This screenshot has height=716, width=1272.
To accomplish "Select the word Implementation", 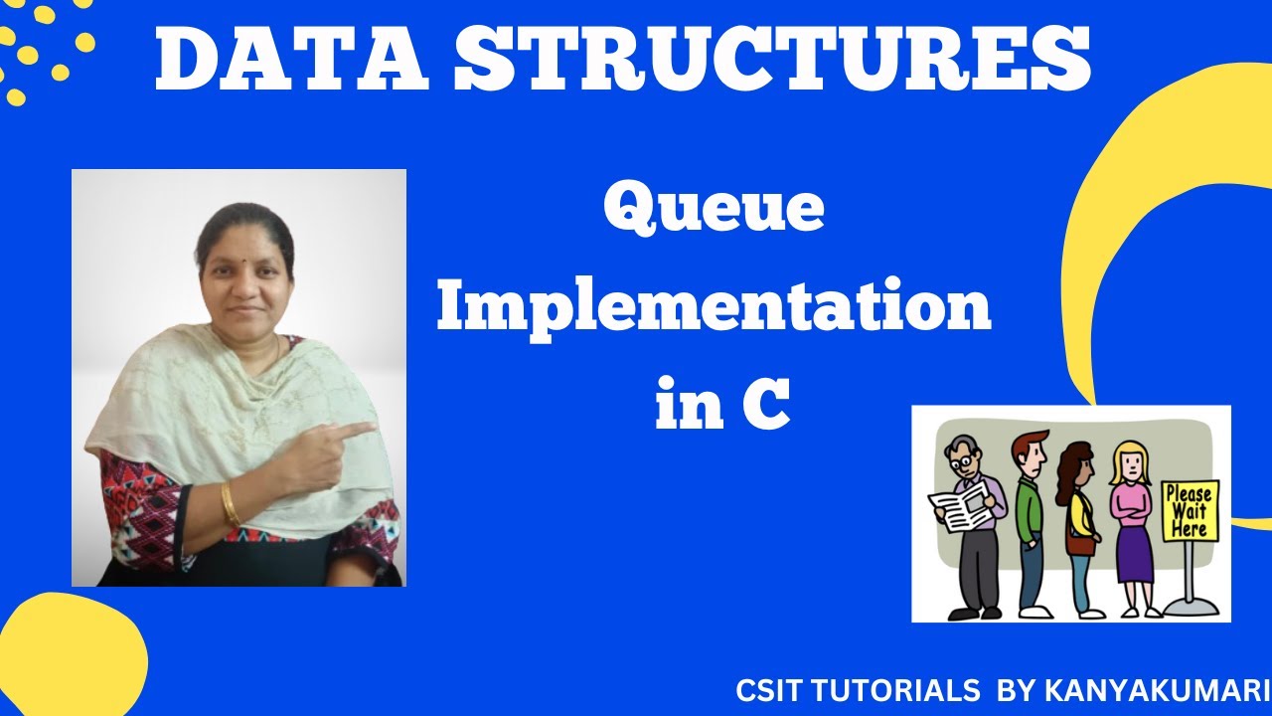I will [x=714, y=309].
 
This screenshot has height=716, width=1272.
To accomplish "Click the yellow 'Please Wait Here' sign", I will [x=1190, y=511].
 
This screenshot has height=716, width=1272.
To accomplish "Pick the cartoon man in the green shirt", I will [x=1030, y=517].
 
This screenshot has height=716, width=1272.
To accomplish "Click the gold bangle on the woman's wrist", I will [x=230, y=504].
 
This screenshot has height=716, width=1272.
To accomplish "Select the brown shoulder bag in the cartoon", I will [x=1082, y=543].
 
